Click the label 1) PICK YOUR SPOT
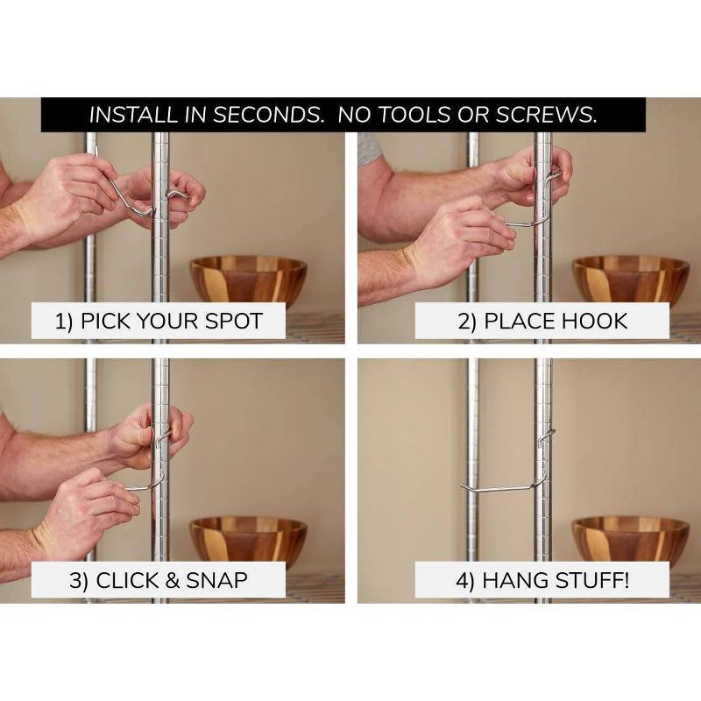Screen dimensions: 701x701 tap(159, 321)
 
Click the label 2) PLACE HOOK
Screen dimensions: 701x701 tap(542, 321)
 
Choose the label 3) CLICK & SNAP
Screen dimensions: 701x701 tap(159, 580)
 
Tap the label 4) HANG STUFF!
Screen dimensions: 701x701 tap(542, 580)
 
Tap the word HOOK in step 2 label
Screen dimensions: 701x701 tap(596, 321)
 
